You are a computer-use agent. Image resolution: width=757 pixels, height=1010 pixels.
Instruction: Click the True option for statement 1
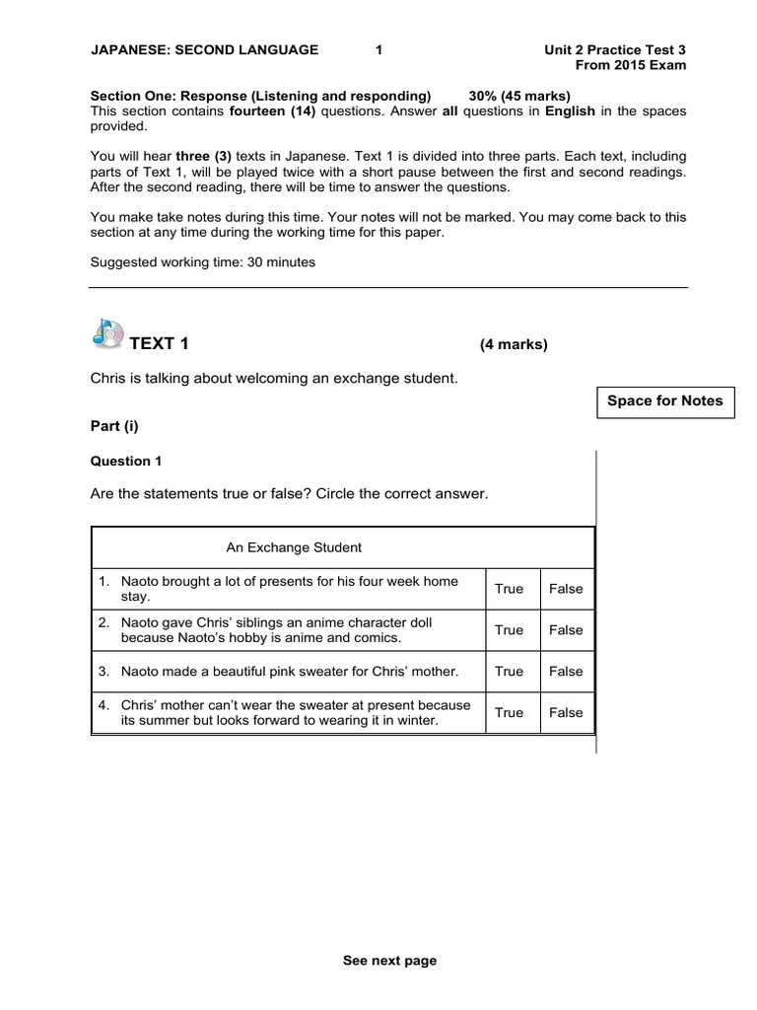pyautogui.click(x=509, y=589)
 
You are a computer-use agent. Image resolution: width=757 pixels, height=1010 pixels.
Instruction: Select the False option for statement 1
pyautogui.click(x=566, y=589)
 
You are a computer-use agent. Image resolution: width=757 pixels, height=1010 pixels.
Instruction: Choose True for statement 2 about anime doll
pyautogui.click(x=509, y=630)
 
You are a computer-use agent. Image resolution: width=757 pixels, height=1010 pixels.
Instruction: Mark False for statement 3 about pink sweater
pyautogui.click(x=566, y=672)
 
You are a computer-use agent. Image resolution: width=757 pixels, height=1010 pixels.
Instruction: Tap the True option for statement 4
pyautogui.click(x=509, y=712)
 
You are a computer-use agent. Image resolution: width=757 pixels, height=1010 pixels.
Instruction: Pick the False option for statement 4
pyautogui.click(x=566, y=712)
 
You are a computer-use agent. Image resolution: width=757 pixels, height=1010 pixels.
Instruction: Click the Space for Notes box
pyautogui.click(x=664, y=401)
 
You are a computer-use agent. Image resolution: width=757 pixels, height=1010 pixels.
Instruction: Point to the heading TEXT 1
pyautogui.click(x=159, y=344)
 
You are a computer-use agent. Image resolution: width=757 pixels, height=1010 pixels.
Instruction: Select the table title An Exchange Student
pyautogui.click(x=294, y=547)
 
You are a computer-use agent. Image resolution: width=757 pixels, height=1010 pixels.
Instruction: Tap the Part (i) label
pyautogui.click(x=115, y=426)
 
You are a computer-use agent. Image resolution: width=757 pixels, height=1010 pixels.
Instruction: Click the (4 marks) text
pyautogui.click(x=514, y=344)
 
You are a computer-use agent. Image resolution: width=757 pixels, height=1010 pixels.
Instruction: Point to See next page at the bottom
pyautogui.click(x=389, y=961)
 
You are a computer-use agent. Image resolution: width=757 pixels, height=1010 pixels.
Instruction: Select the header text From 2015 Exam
pyautogui.click(x=631, y=65)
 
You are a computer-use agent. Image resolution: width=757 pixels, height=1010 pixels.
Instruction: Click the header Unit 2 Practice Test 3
pyautogui.click(x=615, y=49)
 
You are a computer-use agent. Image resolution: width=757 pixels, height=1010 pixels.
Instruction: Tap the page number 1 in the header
pyautogui.click(x=379, y=49)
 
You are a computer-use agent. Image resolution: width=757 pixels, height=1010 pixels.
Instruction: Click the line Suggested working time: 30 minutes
pyautogui.click(x=202, y=262)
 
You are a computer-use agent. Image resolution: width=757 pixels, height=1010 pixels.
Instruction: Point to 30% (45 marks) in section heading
pyautogui.click(x=519, y=96)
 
